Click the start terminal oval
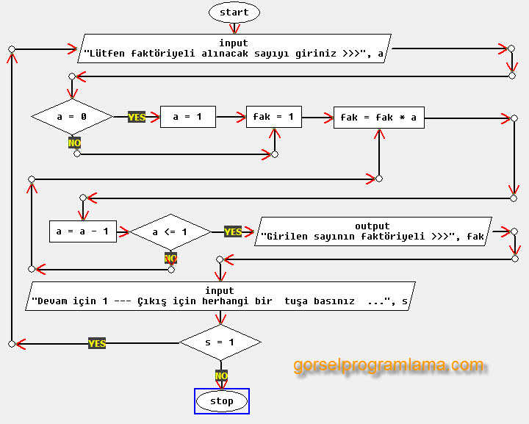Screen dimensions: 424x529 click(234, 12)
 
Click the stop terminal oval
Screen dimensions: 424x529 click(222, 401)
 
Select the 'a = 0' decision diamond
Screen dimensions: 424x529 click(71, 117)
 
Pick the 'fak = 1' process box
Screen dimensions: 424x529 click(273, 117)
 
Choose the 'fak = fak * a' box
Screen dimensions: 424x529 click(378, 118)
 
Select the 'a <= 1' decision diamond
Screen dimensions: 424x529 click(170, 231)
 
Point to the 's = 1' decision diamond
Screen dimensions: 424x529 click(220, 342)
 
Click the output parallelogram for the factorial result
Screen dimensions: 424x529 click(373, 231)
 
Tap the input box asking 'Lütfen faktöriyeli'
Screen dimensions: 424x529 click(234, 48)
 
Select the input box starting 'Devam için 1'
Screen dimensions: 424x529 click(220, 296)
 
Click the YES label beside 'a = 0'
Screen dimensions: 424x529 click(137, 117)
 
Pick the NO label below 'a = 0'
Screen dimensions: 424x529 click(74, 143)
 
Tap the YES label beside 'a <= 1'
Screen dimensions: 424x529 click(233, 231)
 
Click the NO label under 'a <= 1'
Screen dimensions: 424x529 click(170, 258)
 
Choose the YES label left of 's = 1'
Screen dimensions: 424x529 click(97, 343)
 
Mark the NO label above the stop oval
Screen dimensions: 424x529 click(221, 375)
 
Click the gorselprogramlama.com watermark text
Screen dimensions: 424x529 click(389, 365)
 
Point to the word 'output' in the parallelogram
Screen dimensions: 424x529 click(373, 226)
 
